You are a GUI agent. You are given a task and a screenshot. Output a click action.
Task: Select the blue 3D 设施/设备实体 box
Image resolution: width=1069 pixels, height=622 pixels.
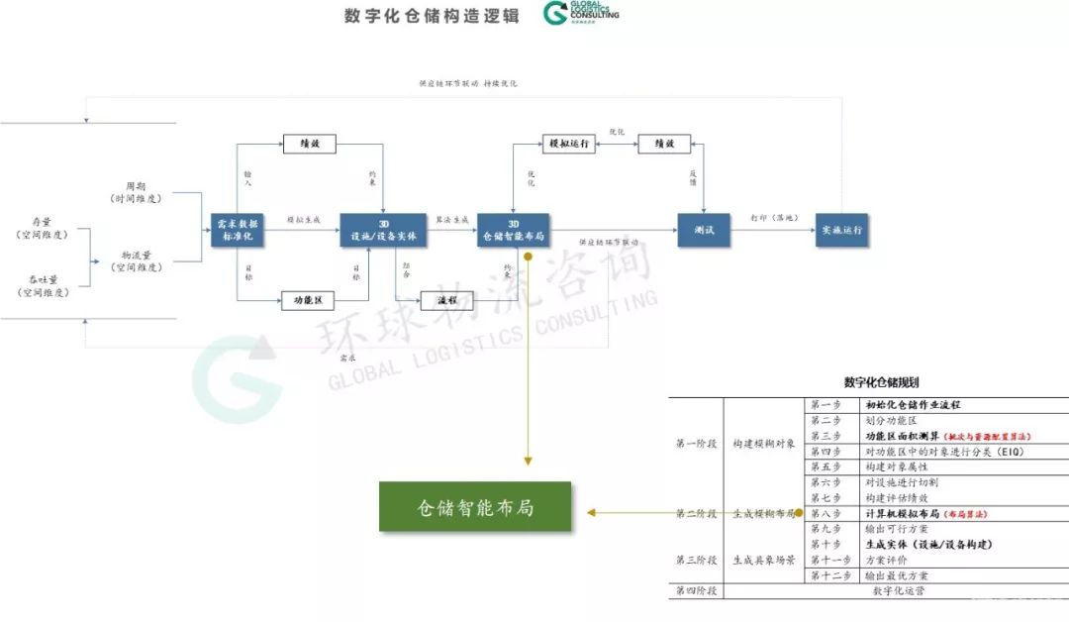(382, 231)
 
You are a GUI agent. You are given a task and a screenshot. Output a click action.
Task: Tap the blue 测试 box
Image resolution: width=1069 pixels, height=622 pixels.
(703, 231)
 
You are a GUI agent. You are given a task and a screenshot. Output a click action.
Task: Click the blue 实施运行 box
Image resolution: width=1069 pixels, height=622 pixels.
(841, 230)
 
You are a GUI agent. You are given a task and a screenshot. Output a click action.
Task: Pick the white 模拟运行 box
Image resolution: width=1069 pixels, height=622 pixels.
(568, 144)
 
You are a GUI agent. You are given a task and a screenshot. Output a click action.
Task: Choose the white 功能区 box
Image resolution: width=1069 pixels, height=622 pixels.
(309, 300)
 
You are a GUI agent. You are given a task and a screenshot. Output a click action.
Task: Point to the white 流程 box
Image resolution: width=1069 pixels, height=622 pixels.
(446, 300)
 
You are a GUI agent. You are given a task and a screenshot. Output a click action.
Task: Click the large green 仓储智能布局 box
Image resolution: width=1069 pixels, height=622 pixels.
(475, 506)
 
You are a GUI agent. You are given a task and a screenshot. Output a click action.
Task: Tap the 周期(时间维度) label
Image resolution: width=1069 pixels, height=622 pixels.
(136, 192)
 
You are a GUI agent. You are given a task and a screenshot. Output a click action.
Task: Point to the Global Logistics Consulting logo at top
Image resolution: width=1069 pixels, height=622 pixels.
(581, 13)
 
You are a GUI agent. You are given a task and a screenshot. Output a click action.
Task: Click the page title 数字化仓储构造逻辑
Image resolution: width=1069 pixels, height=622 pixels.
(432, 16)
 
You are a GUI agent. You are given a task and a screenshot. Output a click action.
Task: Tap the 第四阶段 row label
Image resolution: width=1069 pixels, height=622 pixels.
(696, 590)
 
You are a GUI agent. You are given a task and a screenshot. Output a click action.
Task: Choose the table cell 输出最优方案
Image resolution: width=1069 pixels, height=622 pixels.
(897, 575)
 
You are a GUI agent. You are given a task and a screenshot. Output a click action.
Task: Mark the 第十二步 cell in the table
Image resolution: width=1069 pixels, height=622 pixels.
(828, 575)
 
